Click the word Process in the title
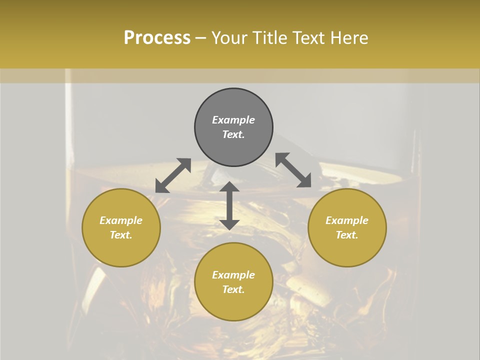[x=157, y=38]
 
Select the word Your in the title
[x=229, y=38]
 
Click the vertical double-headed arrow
[x=229, y=205]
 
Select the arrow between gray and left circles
[x=173, y=175]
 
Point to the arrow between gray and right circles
[x=293, y=170]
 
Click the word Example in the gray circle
[x=233, y=120]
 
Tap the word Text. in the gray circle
[x=233, y=134]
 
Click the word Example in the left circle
[x=121, y=220]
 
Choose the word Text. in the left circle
[x=121, y=235]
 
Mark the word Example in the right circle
[x=347, y=220]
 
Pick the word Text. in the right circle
[x=347, y=235]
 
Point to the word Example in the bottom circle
[x=233, y=275]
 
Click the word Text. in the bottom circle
[x=233, y=289]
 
